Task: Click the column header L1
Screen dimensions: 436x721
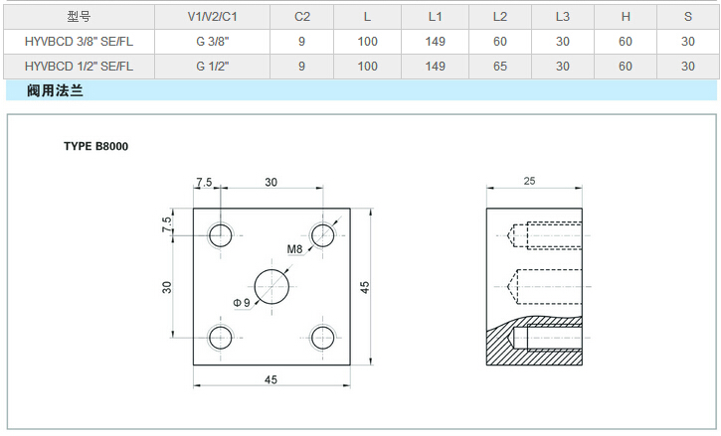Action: pos(435,17)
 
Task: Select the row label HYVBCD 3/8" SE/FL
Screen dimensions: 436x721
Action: pos(79,42)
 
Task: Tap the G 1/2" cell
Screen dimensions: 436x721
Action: pos(213,66)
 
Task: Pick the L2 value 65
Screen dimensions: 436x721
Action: pos(499,66)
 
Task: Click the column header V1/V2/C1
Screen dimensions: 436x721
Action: pos(213,17)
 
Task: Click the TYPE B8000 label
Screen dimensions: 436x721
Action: pos(96,146)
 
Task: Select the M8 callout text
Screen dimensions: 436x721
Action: pos(295,249)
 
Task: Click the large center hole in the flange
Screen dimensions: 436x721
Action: pos(271,286)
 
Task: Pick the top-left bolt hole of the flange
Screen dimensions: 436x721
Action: pos(220,235)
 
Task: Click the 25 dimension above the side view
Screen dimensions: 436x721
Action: pos(528,181)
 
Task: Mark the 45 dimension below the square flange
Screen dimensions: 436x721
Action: pos(271,378)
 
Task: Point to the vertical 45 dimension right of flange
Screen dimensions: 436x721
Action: pos(365,286)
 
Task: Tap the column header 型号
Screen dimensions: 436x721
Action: pos(79,17)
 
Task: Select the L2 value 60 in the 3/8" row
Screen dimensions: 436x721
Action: pos(499,42)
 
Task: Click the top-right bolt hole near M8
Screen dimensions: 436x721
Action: pos(322,235)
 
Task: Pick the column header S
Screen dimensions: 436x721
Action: pos(687,17)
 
